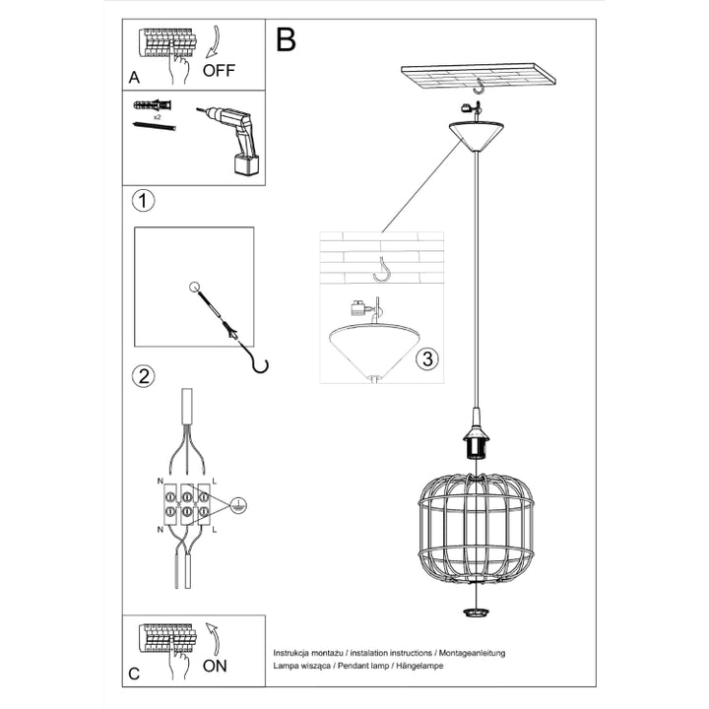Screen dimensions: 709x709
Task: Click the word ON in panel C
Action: pyautogui.click(x=215, y=666)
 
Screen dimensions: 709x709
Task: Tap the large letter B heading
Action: pyautogui.click(x=287, y=39)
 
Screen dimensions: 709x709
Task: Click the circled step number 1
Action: pyautogui.click(x=144, y=202)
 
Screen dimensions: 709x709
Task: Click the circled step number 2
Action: pyautogui.click(x=144, y=375)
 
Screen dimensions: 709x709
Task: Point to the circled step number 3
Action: pyautogui.click(x=425, y=358)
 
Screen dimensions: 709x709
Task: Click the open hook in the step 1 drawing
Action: pyautogui.click(x=259, y=364)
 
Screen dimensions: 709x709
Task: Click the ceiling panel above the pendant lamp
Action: pyautogui.click(x=477, y=75)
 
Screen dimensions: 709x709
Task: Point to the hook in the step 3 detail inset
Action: pyautogui.click(x=380, y=266)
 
